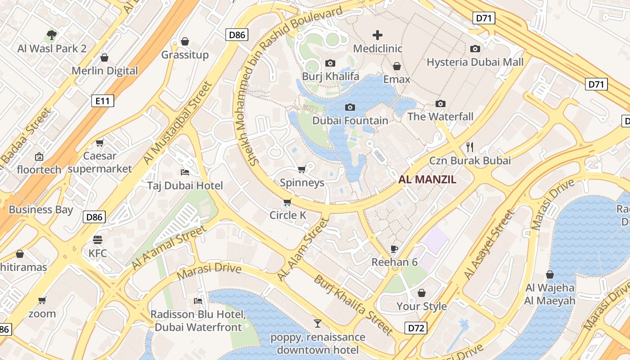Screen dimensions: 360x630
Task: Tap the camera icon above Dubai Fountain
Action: click(350, 107)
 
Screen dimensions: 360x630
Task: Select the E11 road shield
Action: click(103, 101)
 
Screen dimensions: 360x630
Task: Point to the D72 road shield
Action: click(416, 328)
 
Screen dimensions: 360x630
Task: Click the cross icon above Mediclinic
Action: click(377, 35)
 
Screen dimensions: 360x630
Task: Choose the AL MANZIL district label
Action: click(427, 180)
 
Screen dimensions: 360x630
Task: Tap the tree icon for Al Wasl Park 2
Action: click(52, 35)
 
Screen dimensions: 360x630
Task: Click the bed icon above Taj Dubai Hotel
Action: click(184, 172)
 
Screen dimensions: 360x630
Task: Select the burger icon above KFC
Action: click(98, 239)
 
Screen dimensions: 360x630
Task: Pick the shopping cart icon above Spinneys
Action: click(301, 169)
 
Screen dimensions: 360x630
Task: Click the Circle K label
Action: click(288, 215)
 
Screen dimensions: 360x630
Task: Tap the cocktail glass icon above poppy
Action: click(318, 323)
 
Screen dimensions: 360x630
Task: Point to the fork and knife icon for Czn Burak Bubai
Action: click(470, 147)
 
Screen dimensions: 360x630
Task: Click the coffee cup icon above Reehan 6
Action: click(394, 248)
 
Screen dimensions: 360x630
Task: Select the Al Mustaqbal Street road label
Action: click(177, 123)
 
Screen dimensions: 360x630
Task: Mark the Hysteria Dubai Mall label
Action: click(475, 62)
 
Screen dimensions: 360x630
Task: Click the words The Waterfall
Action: click(440, 117)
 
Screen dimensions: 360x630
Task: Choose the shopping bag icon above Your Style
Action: click(421, 293)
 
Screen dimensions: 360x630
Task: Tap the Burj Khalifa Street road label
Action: click(353, 305)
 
